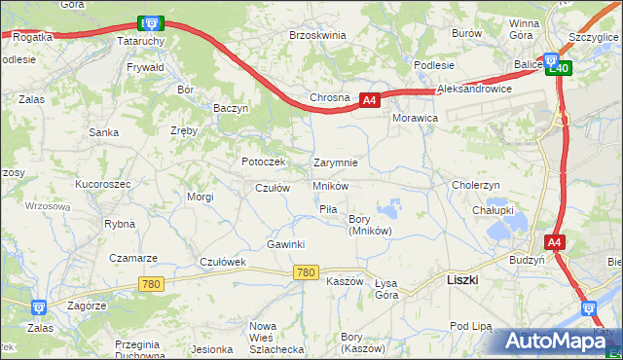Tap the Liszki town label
tap(460, 278)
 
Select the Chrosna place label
tap(329, 98)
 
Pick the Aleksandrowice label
tap(475, 88)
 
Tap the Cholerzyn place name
tap(476, 184)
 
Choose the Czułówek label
tap(223, 262)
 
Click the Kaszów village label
tap(345, 281)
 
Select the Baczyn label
tap(232, 108)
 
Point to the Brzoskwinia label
tap(317, 34)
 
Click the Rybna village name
tap(120, 223)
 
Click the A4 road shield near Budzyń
tap(554, 242)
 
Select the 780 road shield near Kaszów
tap(305, 273)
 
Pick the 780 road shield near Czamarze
tap(151, 284)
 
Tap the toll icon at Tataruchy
tap(149, 21)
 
